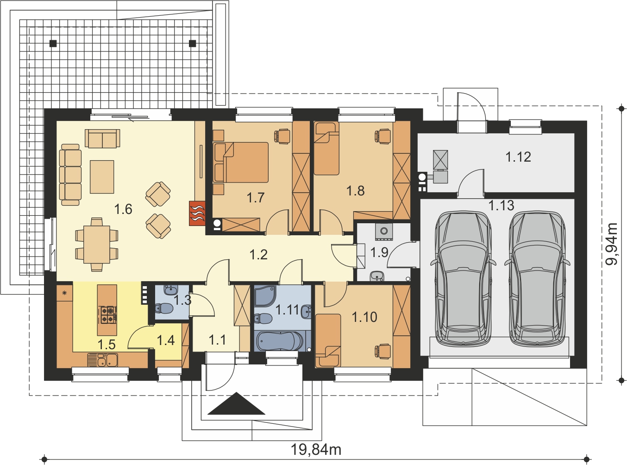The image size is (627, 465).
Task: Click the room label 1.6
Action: (123, 209)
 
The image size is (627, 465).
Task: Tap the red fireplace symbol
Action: (197, 213)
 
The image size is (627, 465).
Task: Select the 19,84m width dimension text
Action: (316, 450)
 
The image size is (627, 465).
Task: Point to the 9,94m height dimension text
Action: (611, 244)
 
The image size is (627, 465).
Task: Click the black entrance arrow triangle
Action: (236, 403)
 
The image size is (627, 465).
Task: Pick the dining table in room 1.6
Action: (97, 245)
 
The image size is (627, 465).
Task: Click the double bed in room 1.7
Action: (241, 162)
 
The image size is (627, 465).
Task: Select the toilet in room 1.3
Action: (164, 308)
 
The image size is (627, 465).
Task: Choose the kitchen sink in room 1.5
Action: (103, 360)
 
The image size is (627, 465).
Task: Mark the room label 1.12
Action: (518, 157)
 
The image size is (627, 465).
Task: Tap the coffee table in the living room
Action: (102, 177)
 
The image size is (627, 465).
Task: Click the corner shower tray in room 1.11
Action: (265, 296)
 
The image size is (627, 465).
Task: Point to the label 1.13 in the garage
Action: (502, 206)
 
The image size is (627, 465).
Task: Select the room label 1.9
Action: (379, 252)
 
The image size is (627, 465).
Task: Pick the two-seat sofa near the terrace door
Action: (102, 138)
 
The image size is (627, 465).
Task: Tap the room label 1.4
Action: (166, 340)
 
